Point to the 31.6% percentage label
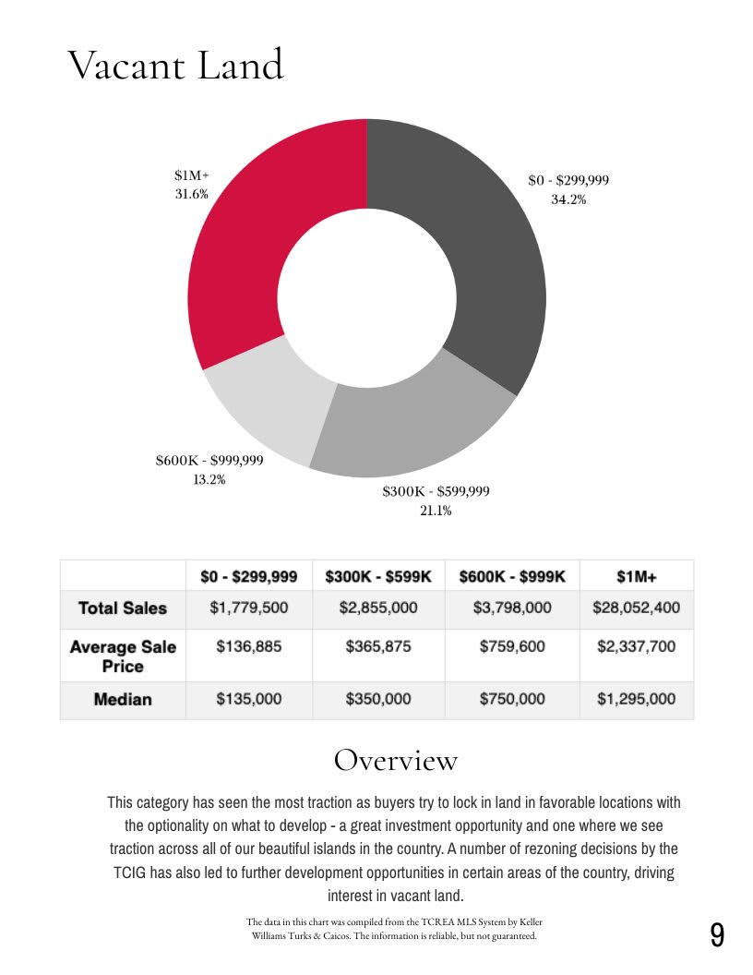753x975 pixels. pos(192,194)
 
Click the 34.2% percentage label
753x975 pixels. pos(568,199)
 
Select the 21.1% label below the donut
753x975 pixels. pos(436,511)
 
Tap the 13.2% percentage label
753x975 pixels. pos(209,479)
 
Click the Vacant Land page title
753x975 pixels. pos(175,66)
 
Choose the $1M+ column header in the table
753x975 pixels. pos(637,577)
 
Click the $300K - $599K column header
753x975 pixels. pos(378,577)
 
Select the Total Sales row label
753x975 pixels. pos(123,608)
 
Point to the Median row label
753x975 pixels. pos(123,700)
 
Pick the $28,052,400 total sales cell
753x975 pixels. pos(637,608)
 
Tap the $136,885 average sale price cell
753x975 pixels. pos(249,646)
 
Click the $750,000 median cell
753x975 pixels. pos(512,700)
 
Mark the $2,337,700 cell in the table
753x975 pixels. pos(637,646)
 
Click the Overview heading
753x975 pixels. pos(395,760)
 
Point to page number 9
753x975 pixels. pos(717,935)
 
